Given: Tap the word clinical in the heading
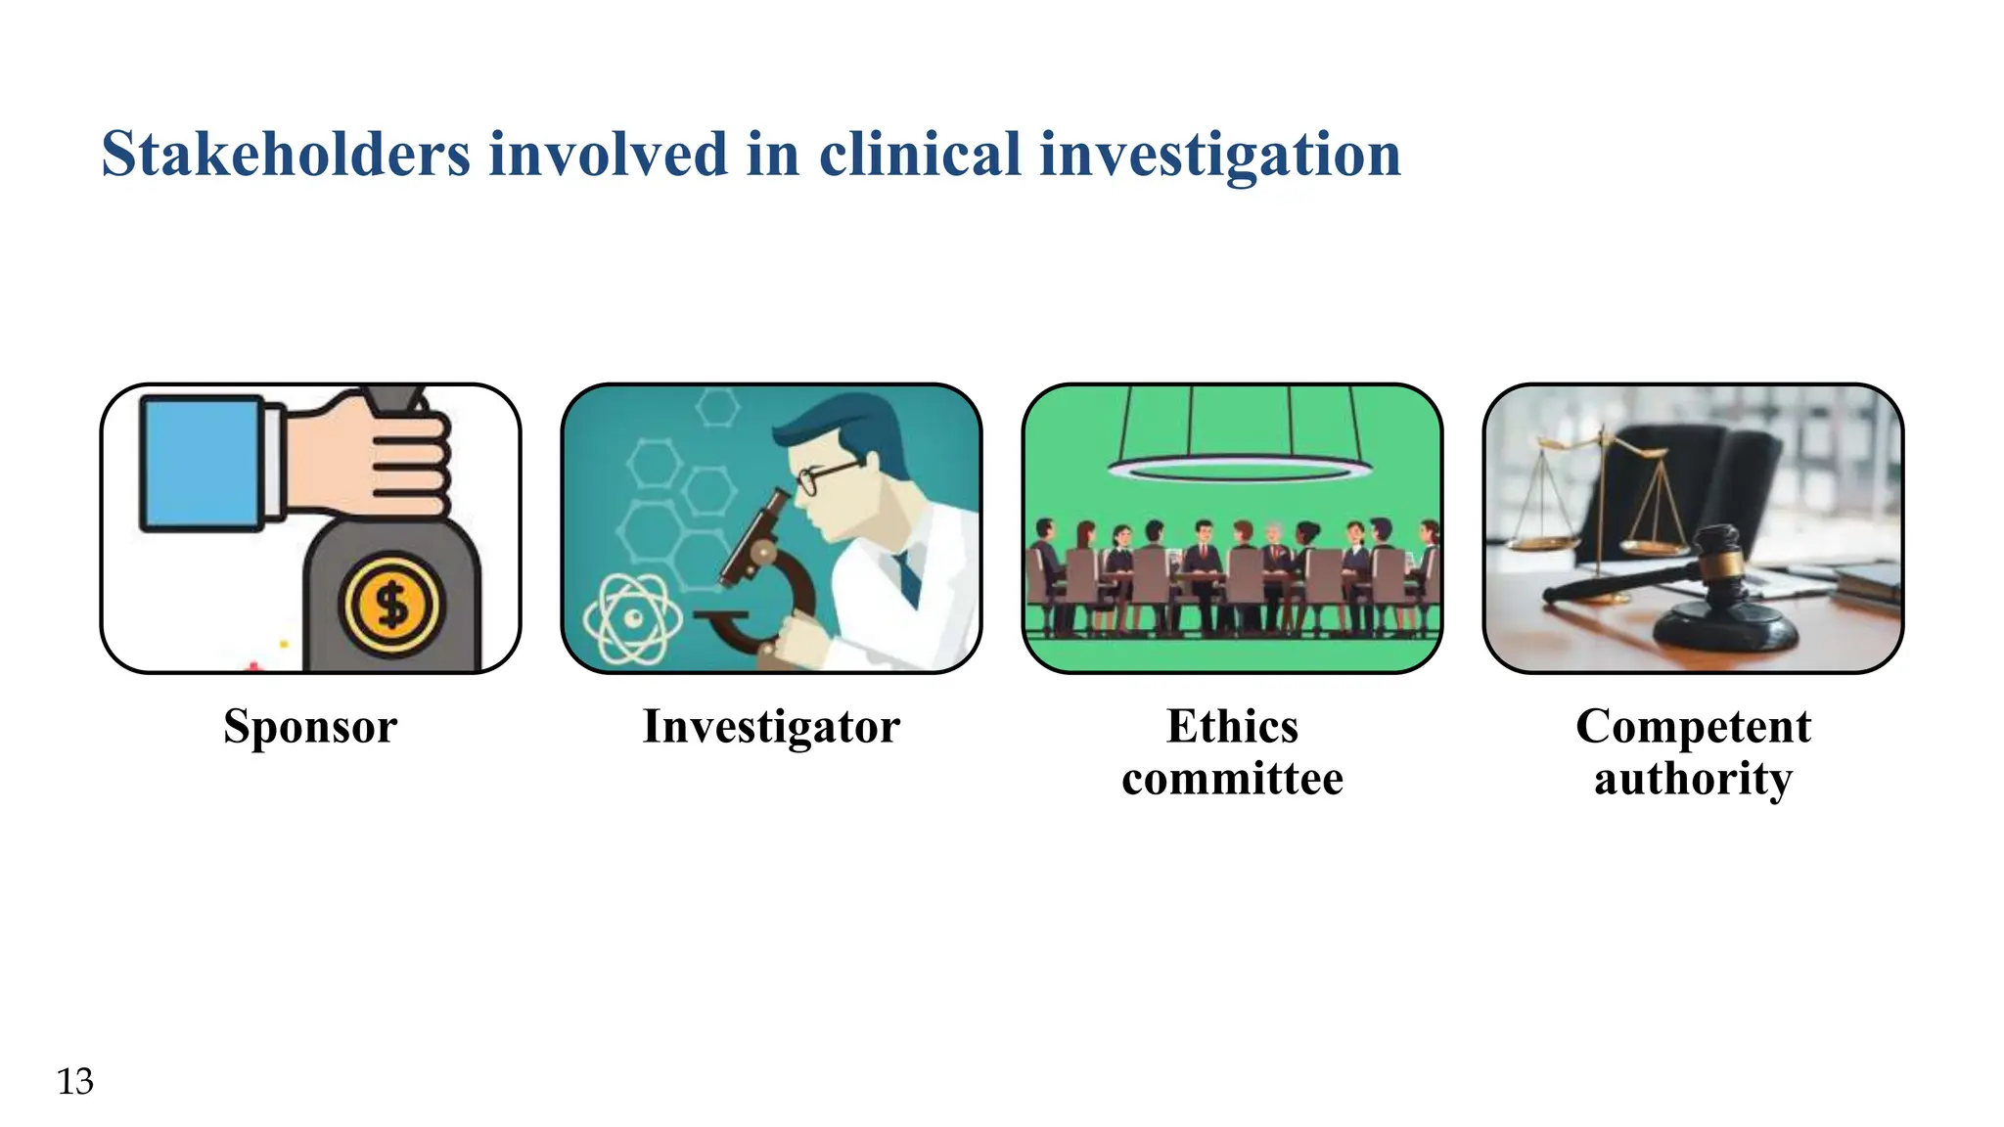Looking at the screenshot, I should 920,155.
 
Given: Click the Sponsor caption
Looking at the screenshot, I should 310,727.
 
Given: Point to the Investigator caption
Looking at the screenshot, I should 771,727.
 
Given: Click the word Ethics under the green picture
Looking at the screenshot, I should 1232,727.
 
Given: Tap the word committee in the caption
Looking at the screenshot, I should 1232,780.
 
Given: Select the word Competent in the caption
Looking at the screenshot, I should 1693,727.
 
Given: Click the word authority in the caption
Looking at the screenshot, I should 1693,780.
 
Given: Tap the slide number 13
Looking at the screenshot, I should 75,1082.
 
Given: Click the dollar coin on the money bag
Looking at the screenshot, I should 391,606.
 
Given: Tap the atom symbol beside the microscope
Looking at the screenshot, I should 632,618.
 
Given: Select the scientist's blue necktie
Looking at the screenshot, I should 909,577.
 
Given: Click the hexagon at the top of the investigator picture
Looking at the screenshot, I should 718,405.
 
